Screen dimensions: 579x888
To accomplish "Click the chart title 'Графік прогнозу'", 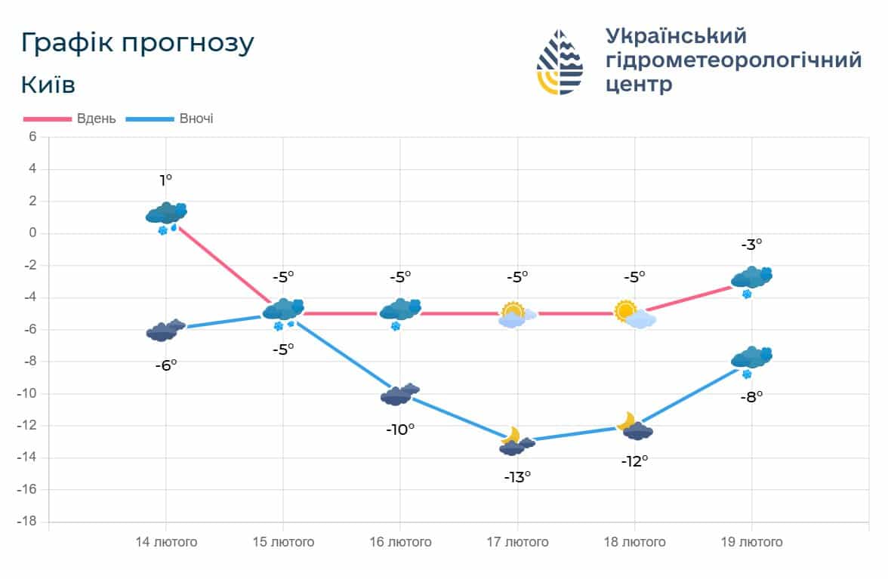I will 137,43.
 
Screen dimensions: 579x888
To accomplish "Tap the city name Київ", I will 48,84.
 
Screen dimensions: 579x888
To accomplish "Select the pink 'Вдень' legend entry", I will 69,119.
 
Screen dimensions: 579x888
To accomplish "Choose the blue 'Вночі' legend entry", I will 169,119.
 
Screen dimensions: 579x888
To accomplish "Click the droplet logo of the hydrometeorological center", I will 560,62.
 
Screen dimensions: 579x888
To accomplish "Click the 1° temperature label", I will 165,180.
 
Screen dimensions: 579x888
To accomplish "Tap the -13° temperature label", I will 517,476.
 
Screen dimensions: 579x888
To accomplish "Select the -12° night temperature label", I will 634,460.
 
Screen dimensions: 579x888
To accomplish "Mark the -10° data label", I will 400,429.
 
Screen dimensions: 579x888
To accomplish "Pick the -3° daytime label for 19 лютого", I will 751,244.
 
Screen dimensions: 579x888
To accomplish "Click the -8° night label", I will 751,396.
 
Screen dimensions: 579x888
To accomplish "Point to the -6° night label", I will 165,364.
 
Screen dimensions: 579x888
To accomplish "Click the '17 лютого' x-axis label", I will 517,542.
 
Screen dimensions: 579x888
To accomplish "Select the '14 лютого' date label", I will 166,542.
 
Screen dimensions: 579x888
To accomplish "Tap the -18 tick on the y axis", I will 28,522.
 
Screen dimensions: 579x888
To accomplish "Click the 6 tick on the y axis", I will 32,137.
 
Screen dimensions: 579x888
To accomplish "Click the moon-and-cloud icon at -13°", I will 515,442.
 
